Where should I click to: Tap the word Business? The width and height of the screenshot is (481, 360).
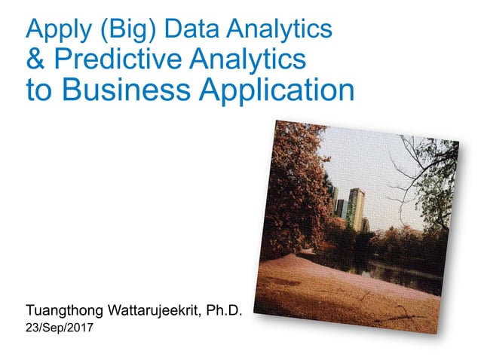point(127,90)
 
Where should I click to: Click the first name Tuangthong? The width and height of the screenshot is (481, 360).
point(65,310)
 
